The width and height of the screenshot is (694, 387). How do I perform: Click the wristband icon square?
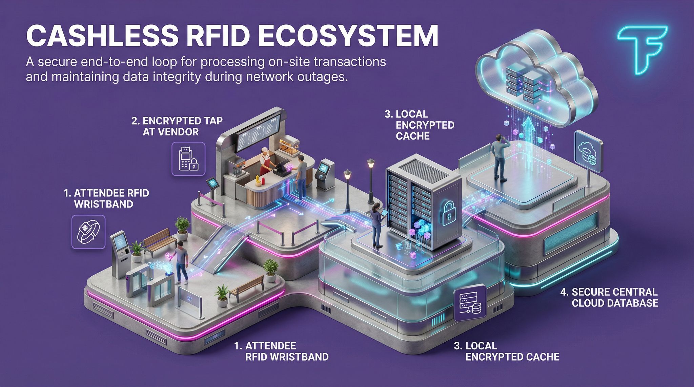coord(89,232)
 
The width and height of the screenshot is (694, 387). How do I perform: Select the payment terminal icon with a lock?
coord(188,159)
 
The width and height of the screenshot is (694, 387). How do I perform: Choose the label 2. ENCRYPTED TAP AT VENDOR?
coord(177,126)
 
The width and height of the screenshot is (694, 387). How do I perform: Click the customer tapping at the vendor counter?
coord(301,176)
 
